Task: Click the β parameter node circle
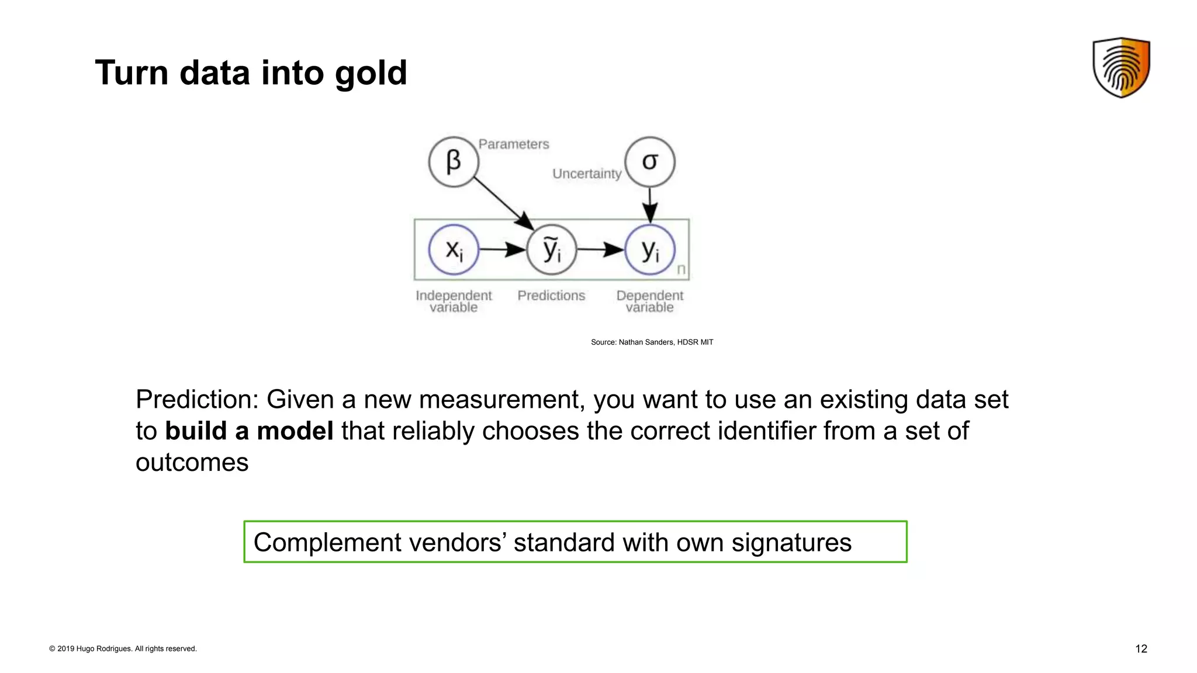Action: (454, 162)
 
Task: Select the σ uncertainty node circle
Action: (650, 162)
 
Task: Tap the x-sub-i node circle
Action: (454, 250)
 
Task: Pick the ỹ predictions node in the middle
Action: (552, 250)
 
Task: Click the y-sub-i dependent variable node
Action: (650, 250)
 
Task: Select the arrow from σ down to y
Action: (650, 204)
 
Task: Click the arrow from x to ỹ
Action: (503, 250)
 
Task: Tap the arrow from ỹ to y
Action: (601, 250)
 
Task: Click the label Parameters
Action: (514, 144)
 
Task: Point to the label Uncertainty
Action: (587, 174)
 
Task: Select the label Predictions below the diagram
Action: (551, 296)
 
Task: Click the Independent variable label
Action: (454, 301)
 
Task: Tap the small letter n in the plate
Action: (681, 269)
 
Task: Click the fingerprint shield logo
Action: (1121, 67)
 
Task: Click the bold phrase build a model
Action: (249, 431)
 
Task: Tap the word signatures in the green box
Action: (791, 543)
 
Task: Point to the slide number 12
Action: (1141, 649)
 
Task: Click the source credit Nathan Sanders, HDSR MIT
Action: (652, 342)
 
